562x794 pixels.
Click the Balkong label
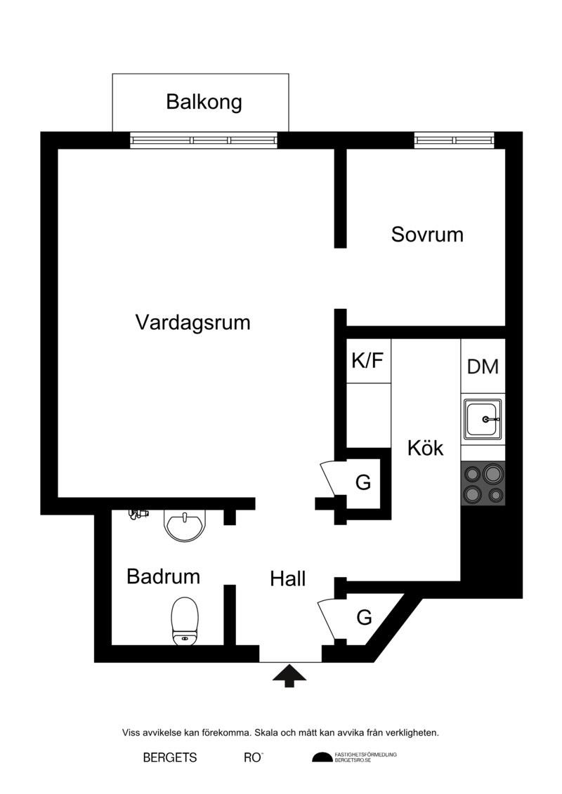click(x=204, y=102)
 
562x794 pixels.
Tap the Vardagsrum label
click(x=193, y=322)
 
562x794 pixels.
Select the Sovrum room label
click(x=427, y=234)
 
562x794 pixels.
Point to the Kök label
click(x=425, y=448)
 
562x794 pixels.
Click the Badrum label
click(x=163, y=576)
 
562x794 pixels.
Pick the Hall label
click(x=288, y=578)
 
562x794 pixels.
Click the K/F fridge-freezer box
click(x=368, y=361)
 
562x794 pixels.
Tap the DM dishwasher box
click(x=483, y=366)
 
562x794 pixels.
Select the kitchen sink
click(x=483, y=419)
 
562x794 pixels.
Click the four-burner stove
click(x=483, y=484)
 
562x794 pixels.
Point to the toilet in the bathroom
click(x=185, y=621)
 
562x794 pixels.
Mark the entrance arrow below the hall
click(x=289, y=675)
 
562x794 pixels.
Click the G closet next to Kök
click(x=363, y=482)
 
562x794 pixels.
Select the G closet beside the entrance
click(x=364, y=617)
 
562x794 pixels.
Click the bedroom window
click(x=454, y=140)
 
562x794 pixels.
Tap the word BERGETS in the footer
click(x=170, y=757)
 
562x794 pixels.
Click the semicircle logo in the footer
click(x=322, y=757)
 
